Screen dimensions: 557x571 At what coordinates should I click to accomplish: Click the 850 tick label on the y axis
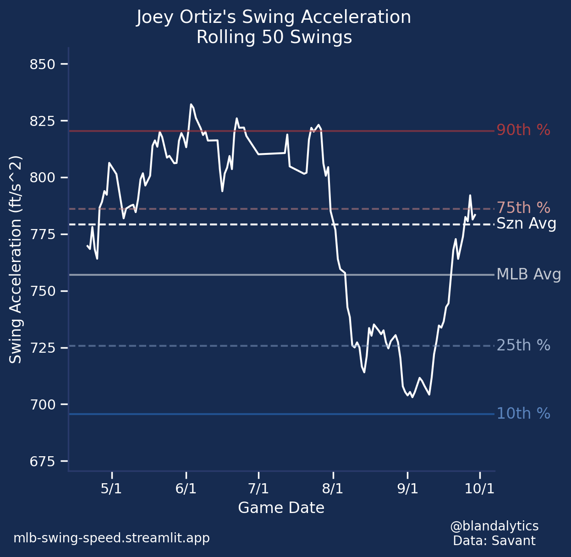coord(42,65)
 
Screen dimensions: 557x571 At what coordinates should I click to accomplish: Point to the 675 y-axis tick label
coord(42,461)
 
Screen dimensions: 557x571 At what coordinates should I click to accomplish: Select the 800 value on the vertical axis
coord(42,178)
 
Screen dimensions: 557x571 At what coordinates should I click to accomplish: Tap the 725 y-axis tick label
coord(42,348)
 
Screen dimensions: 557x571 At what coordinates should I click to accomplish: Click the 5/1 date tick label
coord(111,489)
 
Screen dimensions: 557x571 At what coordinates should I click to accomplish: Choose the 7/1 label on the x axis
coord(258,489)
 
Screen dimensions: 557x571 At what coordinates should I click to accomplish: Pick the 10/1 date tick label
coord(480,489)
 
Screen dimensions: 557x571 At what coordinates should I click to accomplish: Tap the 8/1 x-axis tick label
coord(333,489)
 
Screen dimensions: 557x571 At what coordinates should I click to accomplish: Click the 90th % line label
coord(523,131)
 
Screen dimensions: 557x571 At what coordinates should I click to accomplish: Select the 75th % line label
coord(523,208)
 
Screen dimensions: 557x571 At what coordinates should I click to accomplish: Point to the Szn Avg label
coord(527,224)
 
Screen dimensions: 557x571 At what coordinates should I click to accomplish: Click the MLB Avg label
coord(529,274)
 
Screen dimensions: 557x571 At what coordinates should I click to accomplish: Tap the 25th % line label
coord(523,345)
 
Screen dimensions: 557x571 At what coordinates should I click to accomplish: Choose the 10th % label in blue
coord(523,414)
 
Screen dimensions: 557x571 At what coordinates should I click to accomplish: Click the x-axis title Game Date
coord(281,508)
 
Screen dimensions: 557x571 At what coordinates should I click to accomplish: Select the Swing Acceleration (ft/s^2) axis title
coord(16,259)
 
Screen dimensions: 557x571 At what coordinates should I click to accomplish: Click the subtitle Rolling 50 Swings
coord(274,37)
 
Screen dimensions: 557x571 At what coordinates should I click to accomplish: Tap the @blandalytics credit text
coord(494,526)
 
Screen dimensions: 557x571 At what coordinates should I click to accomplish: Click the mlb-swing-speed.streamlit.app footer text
coord(111,538)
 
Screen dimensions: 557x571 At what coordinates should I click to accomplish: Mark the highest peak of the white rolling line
coord(191,104)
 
